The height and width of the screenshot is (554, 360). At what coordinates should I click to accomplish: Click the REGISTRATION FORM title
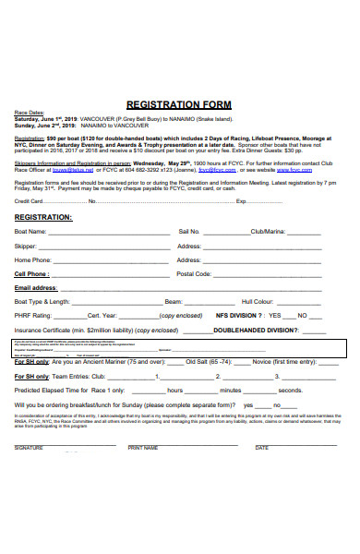178,105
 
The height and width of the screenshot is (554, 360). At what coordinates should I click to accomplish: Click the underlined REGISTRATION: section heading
43,217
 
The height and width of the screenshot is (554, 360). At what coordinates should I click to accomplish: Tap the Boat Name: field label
30,232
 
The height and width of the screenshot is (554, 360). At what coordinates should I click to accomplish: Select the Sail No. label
188,232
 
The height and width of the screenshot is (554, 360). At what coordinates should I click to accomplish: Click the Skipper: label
26,247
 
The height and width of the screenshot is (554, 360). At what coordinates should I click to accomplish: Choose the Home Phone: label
33,260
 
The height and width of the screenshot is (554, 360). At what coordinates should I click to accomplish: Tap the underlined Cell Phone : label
31,274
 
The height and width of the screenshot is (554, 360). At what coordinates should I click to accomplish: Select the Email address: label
36,288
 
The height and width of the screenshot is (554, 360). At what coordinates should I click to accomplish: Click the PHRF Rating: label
32,316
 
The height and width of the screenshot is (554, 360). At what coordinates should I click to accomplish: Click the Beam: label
173,302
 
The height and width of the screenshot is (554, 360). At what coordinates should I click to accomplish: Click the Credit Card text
29,200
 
